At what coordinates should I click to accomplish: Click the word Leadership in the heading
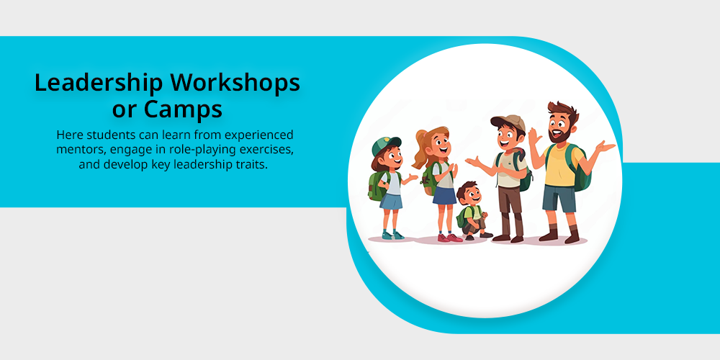[x=98, y=83]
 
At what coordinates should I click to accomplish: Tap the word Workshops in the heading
[x=235, y=83]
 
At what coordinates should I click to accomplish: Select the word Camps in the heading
[x=183, y=109]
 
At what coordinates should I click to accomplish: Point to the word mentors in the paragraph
[x=76, y=150]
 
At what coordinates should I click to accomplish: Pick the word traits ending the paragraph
[x=251, y=165]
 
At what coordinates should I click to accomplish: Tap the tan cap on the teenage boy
[x=509, y=122]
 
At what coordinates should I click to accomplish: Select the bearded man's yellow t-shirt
[x=560, y=164]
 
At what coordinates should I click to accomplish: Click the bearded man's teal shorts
[x=559, y=198]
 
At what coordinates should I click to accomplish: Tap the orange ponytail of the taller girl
[x=420, y=147]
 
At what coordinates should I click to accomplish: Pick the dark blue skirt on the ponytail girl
[x=444, y=195]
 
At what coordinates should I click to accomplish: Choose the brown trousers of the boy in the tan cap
[x=511, y=210]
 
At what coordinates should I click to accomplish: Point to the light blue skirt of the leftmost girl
[x=391, y=201]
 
